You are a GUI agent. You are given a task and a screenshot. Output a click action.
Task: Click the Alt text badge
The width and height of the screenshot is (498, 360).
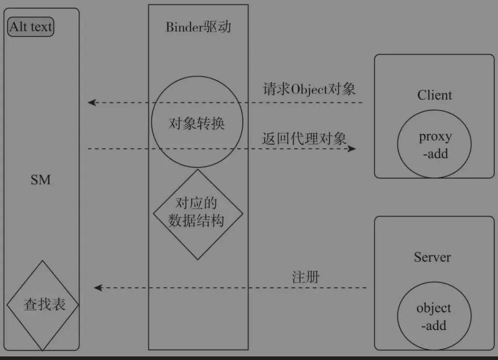tap(31, 27)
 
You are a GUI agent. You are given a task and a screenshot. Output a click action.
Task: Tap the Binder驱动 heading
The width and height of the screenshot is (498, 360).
tap(198, 27)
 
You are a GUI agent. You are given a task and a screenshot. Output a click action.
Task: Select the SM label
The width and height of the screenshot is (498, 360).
tap(41, 180)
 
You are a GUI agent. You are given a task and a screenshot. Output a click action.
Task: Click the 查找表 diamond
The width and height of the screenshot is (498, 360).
tap(43, 304)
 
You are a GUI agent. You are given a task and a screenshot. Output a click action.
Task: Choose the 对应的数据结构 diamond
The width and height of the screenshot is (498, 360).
tap(197, 214)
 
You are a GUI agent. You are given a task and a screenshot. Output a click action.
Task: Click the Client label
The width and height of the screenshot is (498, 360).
tap(435, 95)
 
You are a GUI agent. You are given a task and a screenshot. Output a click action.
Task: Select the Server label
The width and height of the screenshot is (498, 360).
tap(432, 257)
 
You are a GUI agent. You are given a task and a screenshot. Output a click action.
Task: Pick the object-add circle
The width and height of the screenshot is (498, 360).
tap(434, 316)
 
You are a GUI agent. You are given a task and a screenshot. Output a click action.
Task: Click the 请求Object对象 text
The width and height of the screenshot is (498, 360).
tap(309, 89)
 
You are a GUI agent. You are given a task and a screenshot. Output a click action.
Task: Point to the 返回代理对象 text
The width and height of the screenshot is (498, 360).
tap(305, 138)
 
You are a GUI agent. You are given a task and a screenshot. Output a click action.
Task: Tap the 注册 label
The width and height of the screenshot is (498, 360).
tap(306, 277)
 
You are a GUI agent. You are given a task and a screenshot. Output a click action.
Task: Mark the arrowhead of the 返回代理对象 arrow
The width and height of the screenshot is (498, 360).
tap(352, 148)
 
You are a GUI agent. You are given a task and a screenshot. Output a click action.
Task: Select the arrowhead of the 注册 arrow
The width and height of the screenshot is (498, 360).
tap(98, 287)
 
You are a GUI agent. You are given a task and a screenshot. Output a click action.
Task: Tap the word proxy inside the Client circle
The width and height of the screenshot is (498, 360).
tap(435, 137)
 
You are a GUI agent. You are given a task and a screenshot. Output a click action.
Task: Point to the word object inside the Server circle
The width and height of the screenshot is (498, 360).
tap(434, 308)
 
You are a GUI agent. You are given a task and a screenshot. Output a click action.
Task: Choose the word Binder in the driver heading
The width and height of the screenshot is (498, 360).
tap(182, 27)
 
